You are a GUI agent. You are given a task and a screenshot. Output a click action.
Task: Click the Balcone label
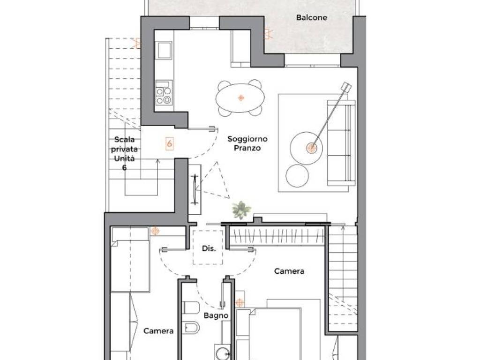click(311, 17)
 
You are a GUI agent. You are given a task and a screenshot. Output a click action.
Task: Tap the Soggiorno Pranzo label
click(247, 143)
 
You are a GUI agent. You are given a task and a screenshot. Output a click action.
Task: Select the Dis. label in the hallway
click(209, 248)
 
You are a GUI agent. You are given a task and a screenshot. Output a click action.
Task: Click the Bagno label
click(216, 315)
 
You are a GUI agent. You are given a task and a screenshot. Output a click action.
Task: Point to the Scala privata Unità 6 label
click(124, 153)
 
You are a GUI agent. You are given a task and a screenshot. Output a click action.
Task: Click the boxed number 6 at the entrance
click(169, 143)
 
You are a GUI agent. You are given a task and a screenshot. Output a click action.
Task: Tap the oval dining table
click(240, 98)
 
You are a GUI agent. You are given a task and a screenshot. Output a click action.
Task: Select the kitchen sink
click(164, 50)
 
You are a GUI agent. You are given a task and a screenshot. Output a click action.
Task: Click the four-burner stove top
click(164, 92)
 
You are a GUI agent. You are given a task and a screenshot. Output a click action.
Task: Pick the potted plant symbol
click(241, 210)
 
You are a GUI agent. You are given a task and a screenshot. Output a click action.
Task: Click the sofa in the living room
click(341, 143)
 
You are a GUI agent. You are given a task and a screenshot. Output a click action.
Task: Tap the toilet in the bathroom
click(191, 307)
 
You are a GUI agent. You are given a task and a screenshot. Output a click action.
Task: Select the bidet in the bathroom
click(191, 328)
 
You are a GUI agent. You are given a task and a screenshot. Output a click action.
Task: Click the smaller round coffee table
click(297, 176)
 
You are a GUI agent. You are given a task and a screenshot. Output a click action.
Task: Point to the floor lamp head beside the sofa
click(346, 86)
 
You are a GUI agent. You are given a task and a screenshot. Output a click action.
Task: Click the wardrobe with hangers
click(277, 236)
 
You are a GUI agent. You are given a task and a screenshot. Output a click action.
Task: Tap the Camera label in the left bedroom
click(158, 331)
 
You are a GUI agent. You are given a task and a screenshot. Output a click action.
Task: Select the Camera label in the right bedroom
click(289, 271)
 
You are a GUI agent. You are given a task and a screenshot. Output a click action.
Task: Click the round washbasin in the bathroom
click(223, 352)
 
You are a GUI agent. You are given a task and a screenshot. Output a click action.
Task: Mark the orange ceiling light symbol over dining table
click(241, 98)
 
